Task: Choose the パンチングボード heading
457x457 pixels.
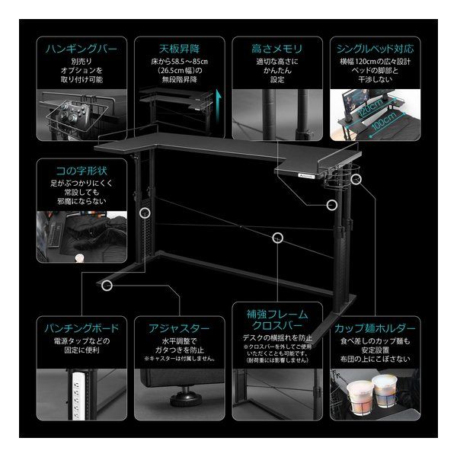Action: [x=80, y=329]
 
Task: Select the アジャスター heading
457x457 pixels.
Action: [x=177, y=329]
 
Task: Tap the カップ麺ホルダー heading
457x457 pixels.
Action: [x=374, y=329]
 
